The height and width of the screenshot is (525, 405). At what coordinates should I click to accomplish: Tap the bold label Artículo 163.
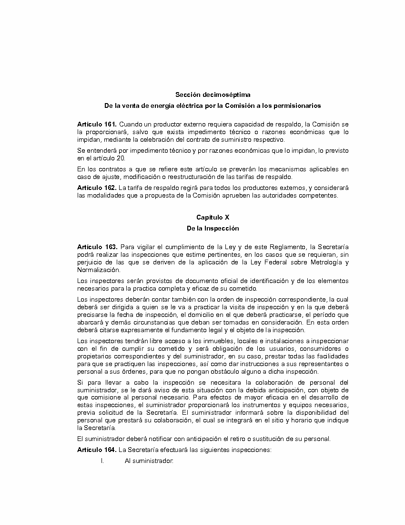tap(97, 247)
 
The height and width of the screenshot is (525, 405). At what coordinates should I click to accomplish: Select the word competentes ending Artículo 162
tap(320, 195)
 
